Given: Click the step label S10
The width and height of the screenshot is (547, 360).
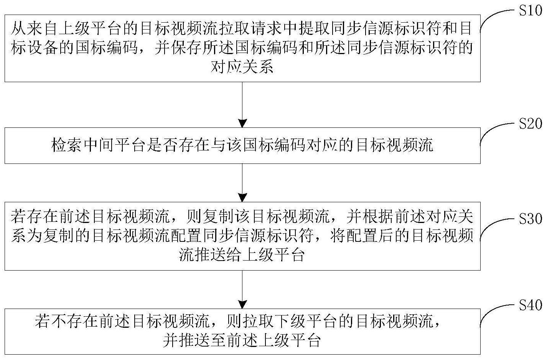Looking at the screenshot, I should coord(531,11).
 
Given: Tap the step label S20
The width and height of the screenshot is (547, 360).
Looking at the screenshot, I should coord(531,124).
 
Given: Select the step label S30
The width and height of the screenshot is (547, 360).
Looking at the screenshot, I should coord(531,219).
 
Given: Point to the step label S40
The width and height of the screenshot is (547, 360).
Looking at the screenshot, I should coord(531,306).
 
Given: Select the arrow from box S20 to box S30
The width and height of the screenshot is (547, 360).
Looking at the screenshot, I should coord(242,182).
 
